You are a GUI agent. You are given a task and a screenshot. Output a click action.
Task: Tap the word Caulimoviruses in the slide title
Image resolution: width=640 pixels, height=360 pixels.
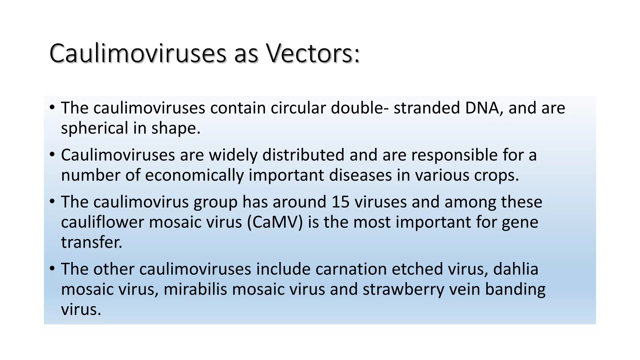coord(138,53)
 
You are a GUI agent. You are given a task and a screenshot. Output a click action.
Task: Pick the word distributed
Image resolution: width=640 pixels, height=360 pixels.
coord(303,155)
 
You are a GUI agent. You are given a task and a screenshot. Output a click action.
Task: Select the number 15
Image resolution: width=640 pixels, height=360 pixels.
coord(340,202)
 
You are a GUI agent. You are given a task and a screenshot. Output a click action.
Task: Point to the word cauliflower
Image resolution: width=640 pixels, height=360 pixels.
coord(102,222)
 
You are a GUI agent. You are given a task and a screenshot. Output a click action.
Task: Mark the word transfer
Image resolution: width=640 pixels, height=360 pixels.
coord(91,242)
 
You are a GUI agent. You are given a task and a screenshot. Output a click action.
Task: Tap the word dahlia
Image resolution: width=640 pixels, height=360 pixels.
coord(516,269)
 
